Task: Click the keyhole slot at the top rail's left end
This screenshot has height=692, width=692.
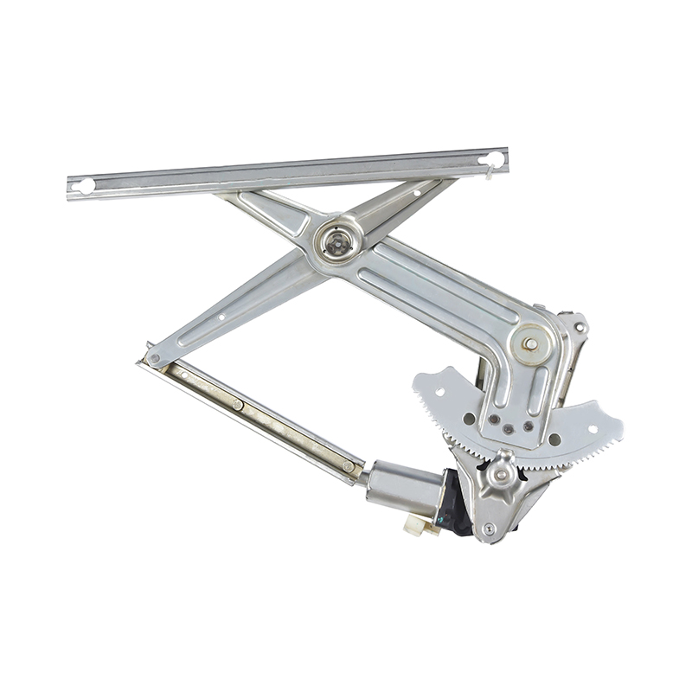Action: [85, 185]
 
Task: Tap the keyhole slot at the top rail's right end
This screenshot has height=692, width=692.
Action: [493, 159]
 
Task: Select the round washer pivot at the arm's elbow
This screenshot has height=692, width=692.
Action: [529, 343]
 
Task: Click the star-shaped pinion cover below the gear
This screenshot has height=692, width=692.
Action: [501, 473]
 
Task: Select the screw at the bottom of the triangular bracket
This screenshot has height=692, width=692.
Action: [490, 528]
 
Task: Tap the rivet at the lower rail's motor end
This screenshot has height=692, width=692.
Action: [348, 466]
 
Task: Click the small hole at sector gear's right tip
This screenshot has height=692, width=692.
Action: [593, 427]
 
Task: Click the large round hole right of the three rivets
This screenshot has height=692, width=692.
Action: [554, 439]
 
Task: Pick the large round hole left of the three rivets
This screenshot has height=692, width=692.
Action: [469, 419]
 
